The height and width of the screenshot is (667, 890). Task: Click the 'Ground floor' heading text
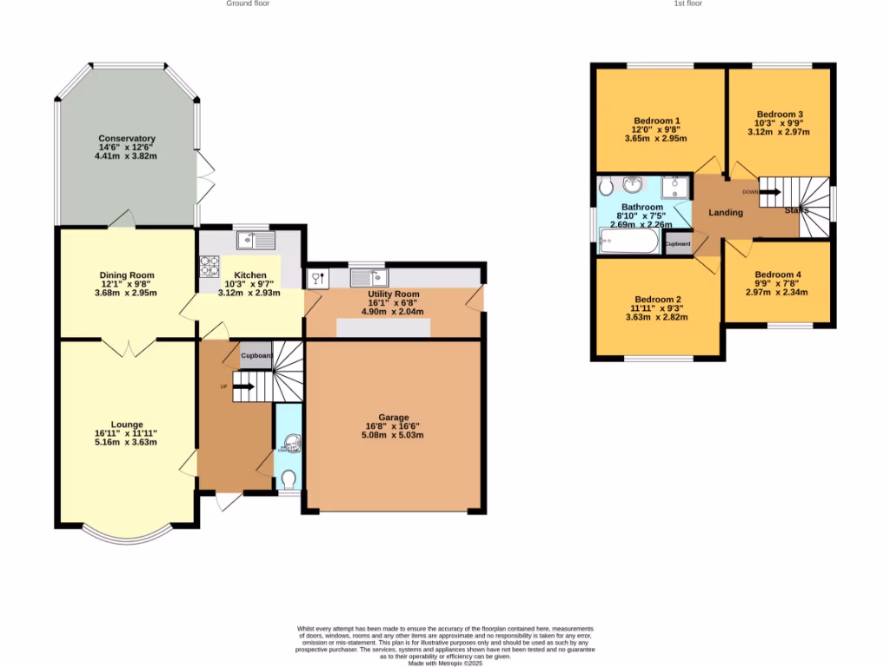tap(248, 3)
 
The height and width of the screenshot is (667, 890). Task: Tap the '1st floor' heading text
tap(687, 3)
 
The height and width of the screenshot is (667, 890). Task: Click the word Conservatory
tap(127, 138)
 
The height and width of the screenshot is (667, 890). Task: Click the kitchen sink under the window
tap(255, 238)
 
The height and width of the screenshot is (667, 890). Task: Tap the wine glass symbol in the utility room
tap(317, 279)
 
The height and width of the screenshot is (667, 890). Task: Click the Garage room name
tap(394, 417)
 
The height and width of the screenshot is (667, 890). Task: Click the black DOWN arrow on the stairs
tap(769, 192)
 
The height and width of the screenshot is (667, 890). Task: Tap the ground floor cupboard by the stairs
tap(256, 356)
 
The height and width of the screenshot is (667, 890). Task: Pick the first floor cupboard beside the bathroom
tap(678, 244)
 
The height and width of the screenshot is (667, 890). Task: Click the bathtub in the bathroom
tap(630, 241)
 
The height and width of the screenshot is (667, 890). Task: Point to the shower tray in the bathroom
tap(674, 188)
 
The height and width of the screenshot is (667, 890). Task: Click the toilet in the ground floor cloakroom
tap(289, 479)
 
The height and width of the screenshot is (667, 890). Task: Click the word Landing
tap(726, 213)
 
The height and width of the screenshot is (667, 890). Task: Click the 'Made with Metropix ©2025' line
tap(445, 664)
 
